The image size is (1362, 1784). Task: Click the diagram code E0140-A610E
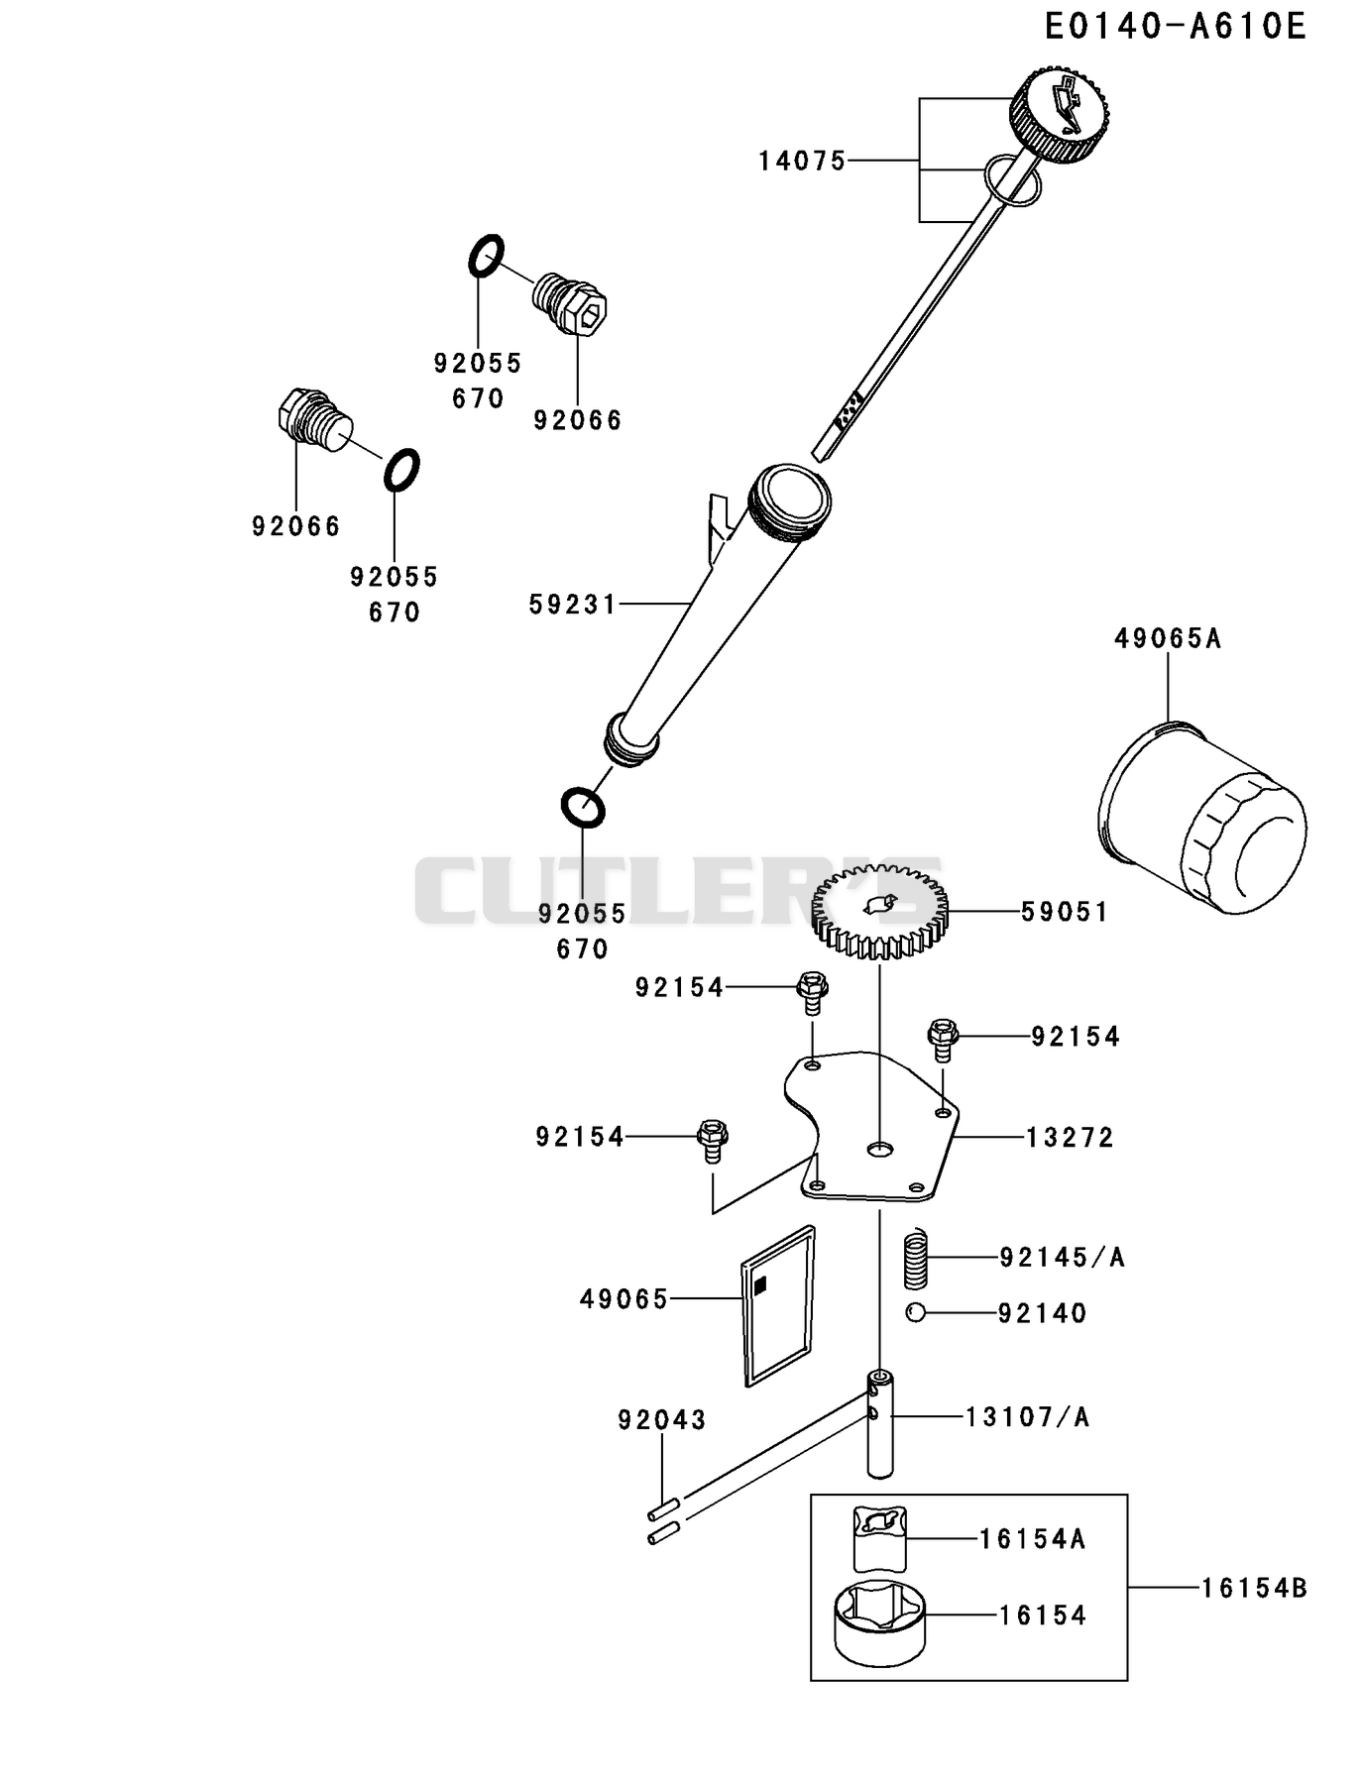[x=1176, y=27]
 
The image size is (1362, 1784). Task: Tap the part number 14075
[x=802, y=161]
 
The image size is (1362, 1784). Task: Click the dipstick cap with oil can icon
[x=1059, y=115]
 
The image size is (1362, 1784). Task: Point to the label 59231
[x=572, y=604]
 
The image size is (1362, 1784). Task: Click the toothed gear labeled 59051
[x=879, y=912]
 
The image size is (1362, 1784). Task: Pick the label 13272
[x=1070, y=1137]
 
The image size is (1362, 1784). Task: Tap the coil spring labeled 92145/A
[x=917, y=1259]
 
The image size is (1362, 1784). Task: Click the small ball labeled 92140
[x=915, y=1312]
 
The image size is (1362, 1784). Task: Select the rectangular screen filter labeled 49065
[x=779, y=1304]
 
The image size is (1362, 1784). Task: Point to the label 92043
[x=661, y=1420]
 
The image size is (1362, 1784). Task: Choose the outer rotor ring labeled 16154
[x=880, y=1622]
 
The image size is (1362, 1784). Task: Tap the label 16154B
[x=1254, y=1589]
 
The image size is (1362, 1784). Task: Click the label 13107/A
[x=1028, y=1417]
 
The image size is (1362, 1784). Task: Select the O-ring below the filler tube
[x=583, y=807]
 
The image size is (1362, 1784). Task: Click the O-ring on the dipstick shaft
[x=1013, y=181]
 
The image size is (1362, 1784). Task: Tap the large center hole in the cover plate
[x=879, y=1149]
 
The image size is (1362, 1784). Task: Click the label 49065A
[x=1167, y=639]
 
